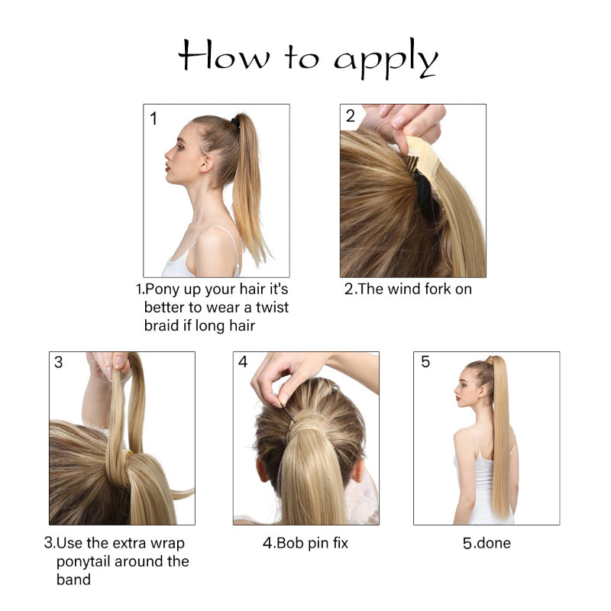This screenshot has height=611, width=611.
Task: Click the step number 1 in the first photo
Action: [154, 118]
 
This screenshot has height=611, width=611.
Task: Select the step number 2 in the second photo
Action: [351, 116]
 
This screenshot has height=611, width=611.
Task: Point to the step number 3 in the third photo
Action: [59, 362]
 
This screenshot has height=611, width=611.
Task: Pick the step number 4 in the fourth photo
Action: [243, 362]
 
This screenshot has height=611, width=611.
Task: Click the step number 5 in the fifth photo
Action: [425, 362]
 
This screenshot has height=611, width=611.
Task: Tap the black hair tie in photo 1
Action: [236, 122]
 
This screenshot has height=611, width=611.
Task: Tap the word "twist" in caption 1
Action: [267, 307]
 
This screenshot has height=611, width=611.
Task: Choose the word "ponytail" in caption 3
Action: [88, 561]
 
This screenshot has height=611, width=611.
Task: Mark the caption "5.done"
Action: [487, 543]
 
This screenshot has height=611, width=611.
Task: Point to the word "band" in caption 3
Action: [73, 580]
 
